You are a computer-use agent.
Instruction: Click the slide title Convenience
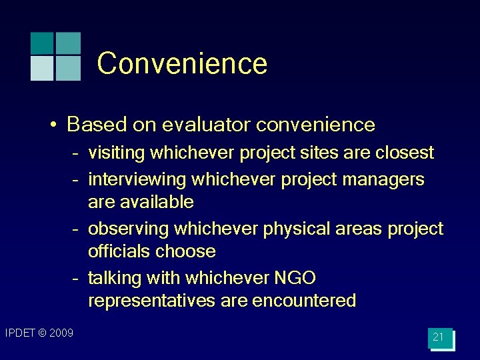tap(182, 64)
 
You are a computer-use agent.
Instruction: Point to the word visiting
tap(117, 153)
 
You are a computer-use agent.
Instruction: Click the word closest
tap(404, 153)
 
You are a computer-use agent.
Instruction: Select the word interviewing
tap(137, 179)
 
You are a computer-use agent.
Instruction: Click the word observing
tap(129, 229)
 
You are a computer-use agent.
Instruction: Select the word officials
tap(119, 251)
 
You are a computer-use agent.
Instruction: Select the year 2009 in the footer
tap(61, 333)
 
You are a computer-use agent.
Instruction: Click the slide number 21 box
tap(439, 337)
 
